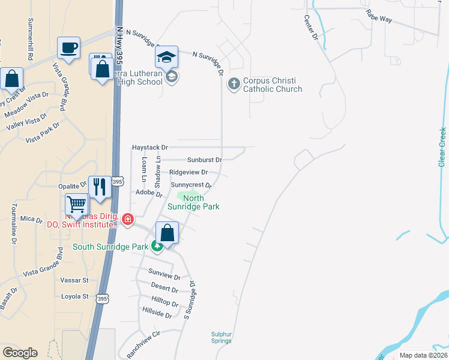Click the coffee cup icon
click(x=68, y=47)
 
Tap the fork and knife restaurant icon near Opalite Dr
click(x=100, y=186)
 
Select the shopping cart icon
click(x=77, y=205)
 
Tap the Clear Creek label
click(x=442, y=147)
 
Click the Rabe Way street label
click(x=379, y=19)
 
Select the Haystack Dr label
click(x=151, y=147)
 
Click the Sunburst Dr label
click(x=204, y=160)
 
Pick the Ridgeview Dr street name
click(x=188, y=172)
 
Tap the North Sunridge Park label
click(x=201, y=202)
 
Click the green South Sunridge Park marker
click(x=157, y=246)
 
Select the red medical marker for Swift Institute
click(x=127, y=220)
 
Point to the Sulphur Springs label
click(x=221, y=337)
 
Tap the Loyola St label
click(x=75, y=296)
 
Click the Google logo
click(x=20, y=353)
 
